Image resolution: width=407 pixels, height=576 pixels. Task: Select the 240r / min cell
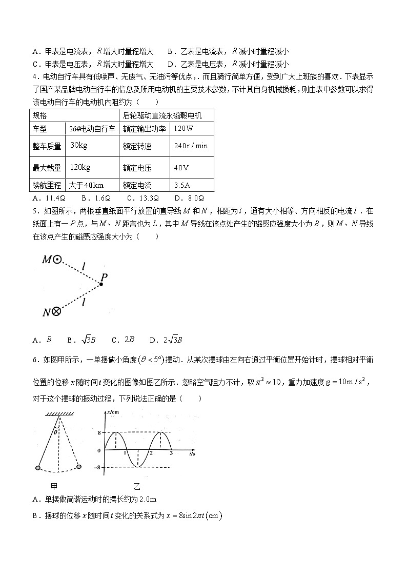[191, 146]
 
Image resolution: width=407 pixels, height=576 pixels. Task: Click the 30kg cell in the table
[79, 146]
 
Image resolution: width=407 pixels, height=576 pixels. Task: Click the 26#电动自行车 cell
[92, 128]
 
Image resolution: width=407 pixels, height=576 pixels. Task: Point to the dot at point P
[100, 284]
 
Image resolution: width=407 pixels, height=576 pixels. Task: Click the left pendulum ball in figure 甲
[38, 468]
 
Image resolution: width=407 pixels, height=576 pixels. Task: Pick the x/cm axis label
[113, 413]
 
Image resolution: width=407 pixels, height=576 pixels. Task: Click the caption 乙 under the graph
[137, 485]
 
